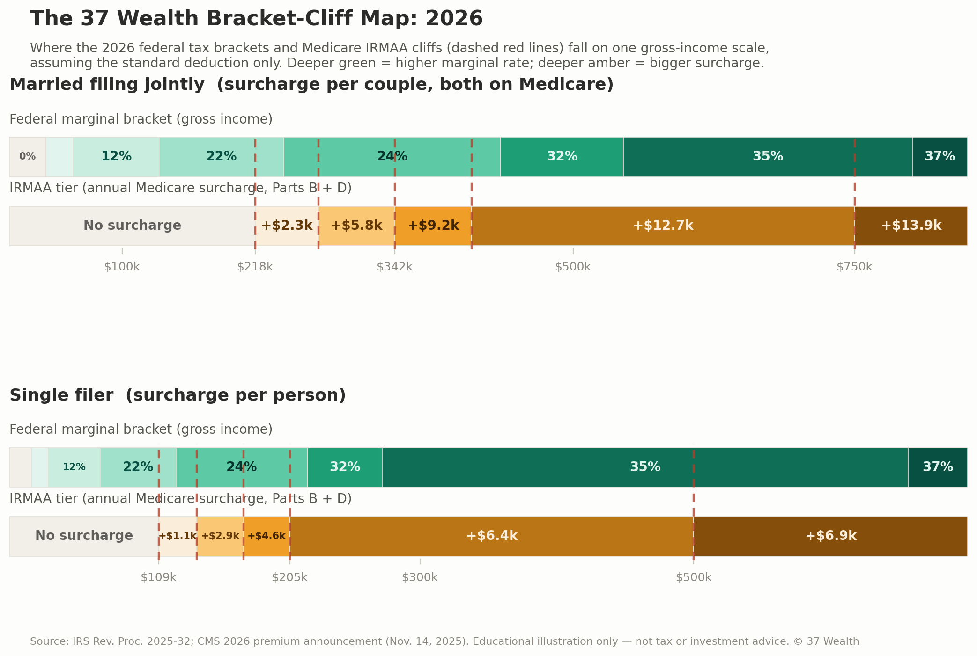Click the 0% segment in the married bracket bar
[x=28, y=157]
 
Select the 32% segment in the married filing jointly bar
[x=562, y=157]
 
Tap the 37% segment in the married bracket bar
[x=940, y=157]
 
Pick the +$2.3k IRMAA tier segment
[x=287, y=226]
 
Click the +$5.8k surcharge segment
[x=356, y=226]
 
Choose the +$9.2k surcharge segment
[x=433, y=226]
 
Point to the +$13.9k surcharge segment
[x=911, y=226]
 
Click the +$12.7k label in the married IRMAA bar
[x=663, y=226]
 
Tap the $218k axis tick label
[x=255, y=267]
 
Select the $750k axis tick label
[x=854, y=267]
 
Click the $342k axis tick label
[x=395, y=267]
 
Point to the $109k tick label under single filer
[x=158, y=577]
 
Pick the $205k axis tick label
[x=289, y=577]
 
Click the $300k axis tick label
[x=420, y=577]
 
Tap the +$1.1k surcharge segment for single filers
[x=178, y=536]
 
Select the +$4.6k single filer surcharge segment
[x=266, y=536]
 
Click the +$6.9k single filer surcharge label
[x=831, y=536]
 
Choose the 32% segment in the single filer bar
[x=345, y=467]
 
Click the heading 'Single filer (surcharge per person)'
[x=178, y=395]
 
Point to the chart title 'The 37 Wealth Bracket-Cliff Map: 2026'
[x=256, y=19]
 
